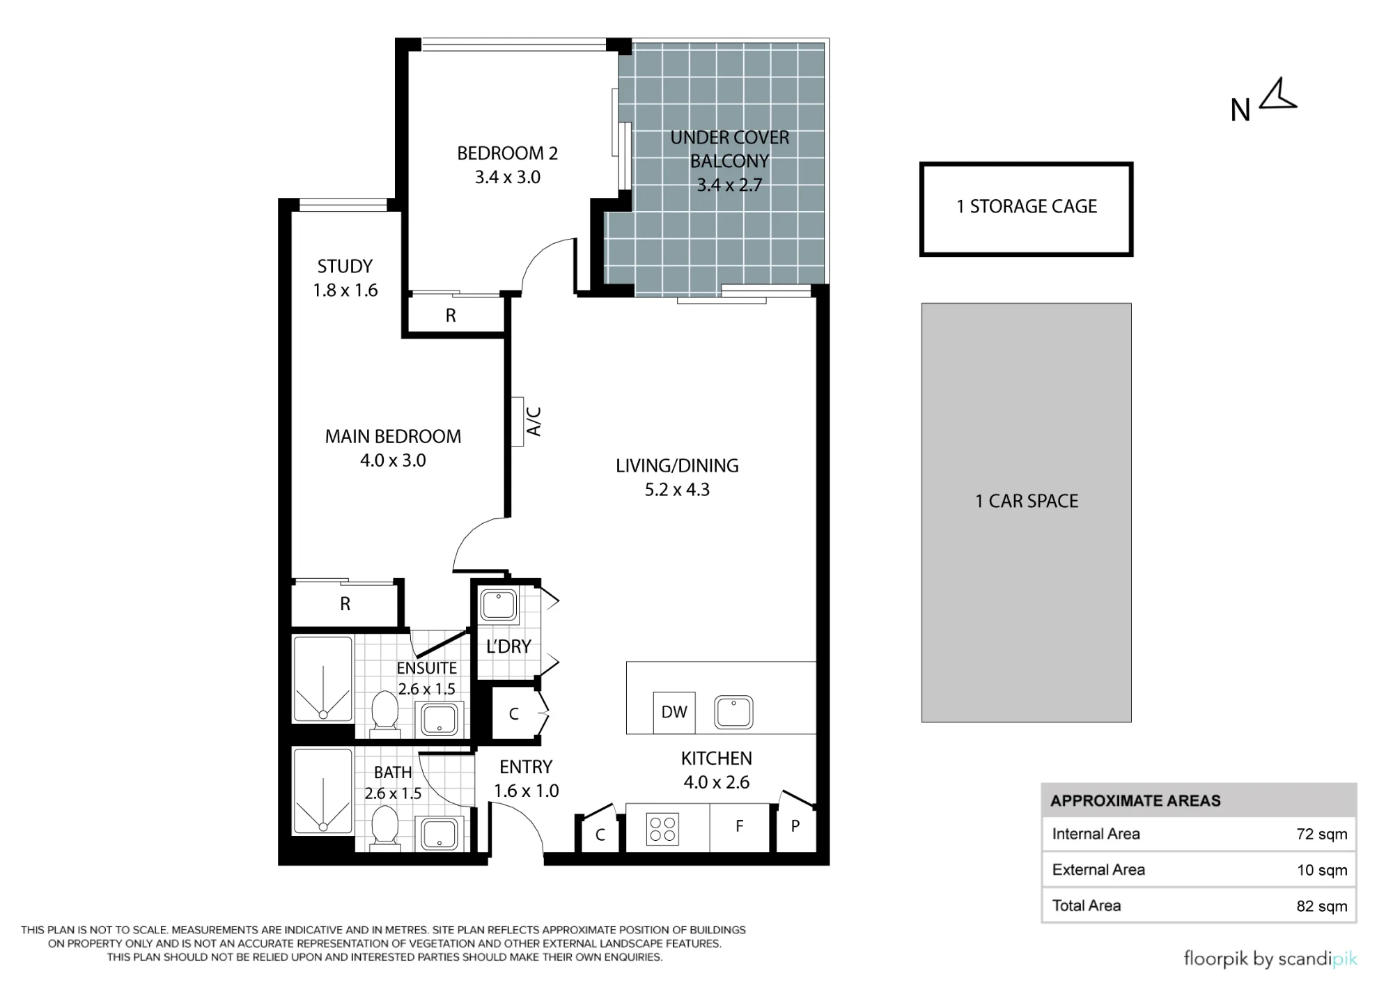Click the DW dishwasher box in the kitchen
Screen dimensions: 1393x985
[x=674, y=712]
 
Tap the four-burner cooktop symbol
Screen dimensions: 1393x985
[x=662, y=829]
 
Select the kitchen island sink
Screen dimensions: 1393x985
[x=733, y=712]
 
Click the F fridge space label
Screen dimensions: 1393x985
[x=740, y=826]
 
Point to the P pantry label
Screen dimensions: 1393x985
[x=795, y=827]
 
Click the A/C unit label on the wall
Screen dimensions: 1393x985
[x=534, y=421]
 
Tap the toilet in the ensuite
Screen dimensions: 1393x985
[x=384, y=713]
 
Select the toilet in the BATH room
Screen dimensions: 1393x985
[x=384, y=828]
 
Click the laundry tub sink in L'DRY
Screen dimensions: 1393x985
[x=499, y=605]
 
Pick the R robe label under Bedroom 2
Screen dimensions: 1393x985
[x=451, y=316]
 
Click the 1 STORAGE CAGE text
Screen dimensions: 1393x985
[x=1027, y=206]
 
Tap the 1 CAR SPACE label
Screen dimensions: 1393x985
[x=1027, y=501]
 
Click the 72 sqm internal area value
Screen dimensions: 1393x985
[x=1321, y=834]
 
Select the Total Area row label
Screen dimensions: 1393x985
[x=1087, y=906]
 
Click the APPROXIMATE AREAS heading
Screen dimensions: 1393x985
[x=1135, y=800]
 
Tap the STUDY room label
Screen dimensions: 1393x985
[x=345, y=266]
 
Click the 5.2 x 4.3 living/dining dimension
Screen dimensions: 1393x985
[x=677, y=490]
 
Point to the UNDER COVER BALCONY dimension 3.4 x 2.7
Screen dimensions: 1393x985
[x=730, y=185]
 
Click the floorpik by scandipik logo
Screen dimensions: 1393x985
[x=1270, y=959]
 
